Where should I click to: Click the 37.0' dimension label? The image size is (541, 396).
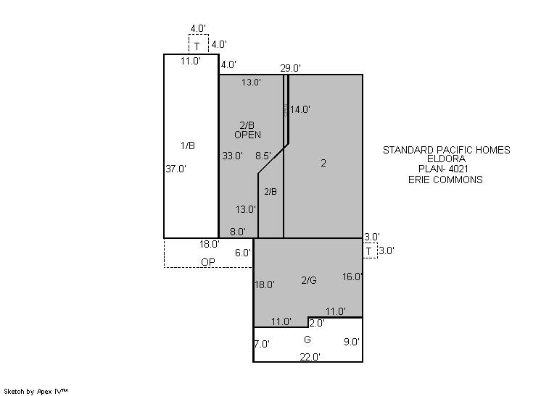(176, 169)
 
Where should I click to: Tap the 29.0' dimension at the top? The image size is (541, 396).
(291, 68)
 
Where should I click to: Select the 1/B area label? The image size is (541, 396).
(188, 146)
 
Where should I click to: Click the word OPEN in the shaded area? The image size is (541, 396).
(248, 135)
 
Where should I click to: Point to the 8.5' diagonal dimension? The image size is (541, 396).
(263, 156)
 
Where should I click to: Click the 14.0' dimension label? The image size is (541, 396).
(300, 109)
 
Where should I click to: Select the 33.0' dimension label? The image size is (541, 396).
(233, 156)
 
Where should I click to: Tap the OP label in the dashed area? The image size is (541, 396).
(208, 262)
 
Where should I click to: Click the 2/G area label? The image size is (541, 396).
(309, 280)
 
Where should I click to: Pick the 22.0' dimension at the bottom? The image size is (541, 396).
(310, 357)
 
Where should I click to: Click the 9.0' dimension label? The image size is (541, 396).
(352, 342)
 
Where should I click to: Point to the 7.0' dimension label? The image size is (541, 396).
(262, 344)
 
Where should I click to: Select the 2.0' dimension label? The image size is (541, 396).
(317, 323)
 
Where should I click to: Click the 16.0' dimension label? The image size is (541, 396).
(352, 277)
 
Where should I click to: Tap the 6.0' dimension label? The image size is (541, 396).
(243, 253)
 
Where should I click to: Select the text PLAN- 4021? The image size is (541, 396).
(443, 169)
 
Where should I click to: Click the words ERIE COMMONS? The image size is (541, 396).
(445, 180)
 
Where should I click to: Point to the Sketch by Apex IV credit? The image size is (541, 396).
(36, 391)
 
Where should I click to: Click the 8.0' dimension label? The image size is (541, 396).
(238, 232)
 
